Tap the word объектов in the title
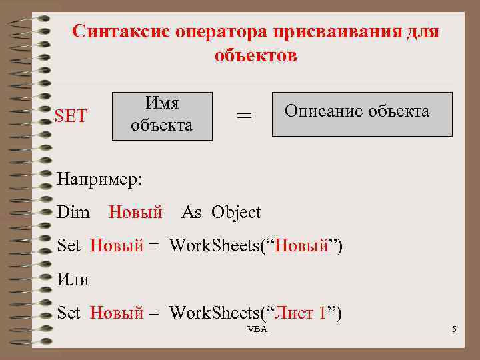pyautogui.click(x=256, y=55)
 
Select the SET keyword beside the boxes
pyautogui.click(x=71, y=116)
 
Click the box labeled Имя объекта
pyautogui.click(x=162, y=115)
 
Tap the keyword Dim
pyautogui.click(x=73, y=213)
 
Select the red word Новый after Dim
pyautogui.click(x=135, y=213)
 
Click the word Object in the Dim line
pyautogui.click(x=237, y=213)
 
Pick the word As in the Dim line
pyautogui.click(x=191, y=213)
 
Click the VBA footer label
pyautogui.click(x=257, y=330)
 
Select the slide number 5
pyautogui.click(x=453, y=330)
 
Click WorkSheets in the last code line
pyautogui.click(x=215, y=313)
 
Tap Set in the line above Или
pyautogui.click(x=69, y=246)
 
